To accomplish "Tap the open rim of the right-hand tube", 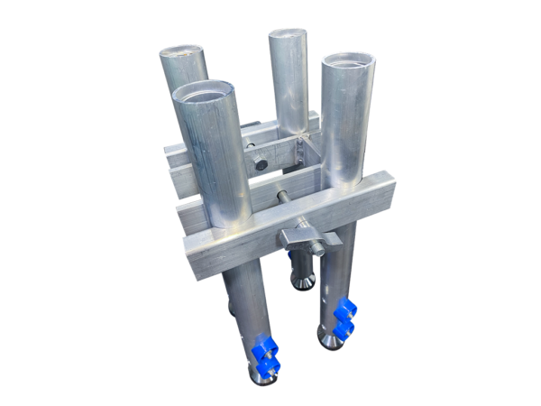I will [347, 63].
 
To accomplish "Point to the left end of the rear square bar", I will [171, 153].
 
